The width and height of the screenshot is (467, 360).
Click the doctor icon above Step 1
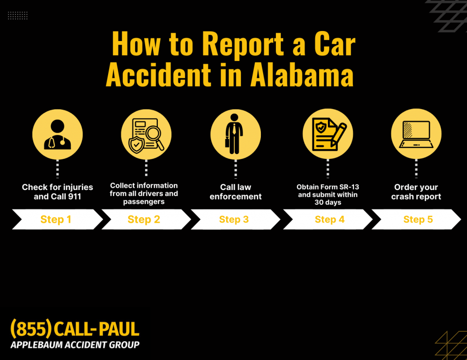tap(57, 134)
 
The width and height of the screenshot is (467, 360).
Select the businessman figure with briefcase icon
tap(234, 134)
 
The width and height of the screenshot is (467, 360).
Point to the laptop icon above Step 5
tap(416, 134)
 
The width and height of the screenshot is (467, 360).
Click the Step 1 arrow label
tap(56, 219)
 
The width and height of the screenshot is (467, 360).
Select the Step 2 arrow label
tap(144, 219)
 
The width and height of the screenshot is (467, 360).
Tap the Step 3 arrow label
tap(234, 219)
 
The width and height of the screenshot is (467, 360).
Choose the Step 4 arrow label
tap(329, 219)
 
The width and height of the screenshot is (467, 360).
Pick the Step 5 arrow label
tap(418, 219)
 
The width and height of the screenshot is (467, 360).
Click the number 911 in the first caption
tap(73, 197)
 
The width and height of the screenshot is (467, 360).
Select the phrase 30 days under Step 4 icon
tap(327, 203)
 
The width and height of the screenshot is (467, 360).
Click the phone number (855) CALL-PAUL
tap(75, 329)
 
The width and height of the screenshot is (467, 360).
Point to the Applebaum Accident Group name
tap(75, 345)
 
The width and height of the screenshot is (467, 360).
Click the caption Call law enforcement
tap(236, 192)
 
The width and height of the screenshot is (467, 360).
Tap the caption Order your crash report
tap(416, 192)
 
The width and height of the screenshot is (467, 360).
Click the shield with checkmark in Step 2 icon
tap(136, 144)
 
